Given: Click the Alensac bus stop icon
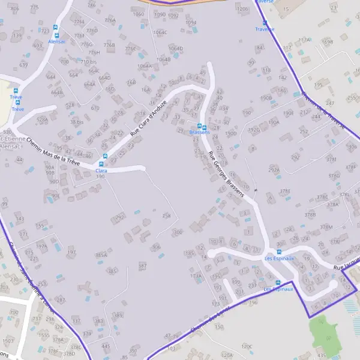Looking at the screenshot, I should pos(56,28).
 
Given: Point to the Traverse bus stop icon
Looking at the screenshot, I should pos(265,22).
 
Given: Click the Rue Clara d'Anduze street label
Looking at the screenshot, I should pos(148,117).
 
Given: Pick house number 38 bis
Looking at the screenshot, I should pos(77,122).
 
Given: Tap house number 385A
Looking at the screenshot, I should pos(101,255).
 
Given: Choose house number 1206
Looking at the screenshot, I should pos(242,10).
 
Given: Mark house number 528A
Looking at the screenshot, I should pos(42,120).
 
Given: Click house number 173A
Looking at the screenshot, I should pos(196,276).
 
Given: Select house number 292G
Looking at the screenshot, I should pos(254,129).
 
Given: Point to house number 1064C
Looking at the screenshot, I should pos(160,32).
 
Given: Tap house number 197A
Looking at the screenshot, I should pos(41,246).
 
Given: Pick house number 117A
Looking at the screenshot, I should pos(305,40).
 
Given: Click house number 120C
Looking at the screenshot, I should pos(247,347).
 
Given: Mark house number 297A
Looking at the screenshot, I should pos(274,170).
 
